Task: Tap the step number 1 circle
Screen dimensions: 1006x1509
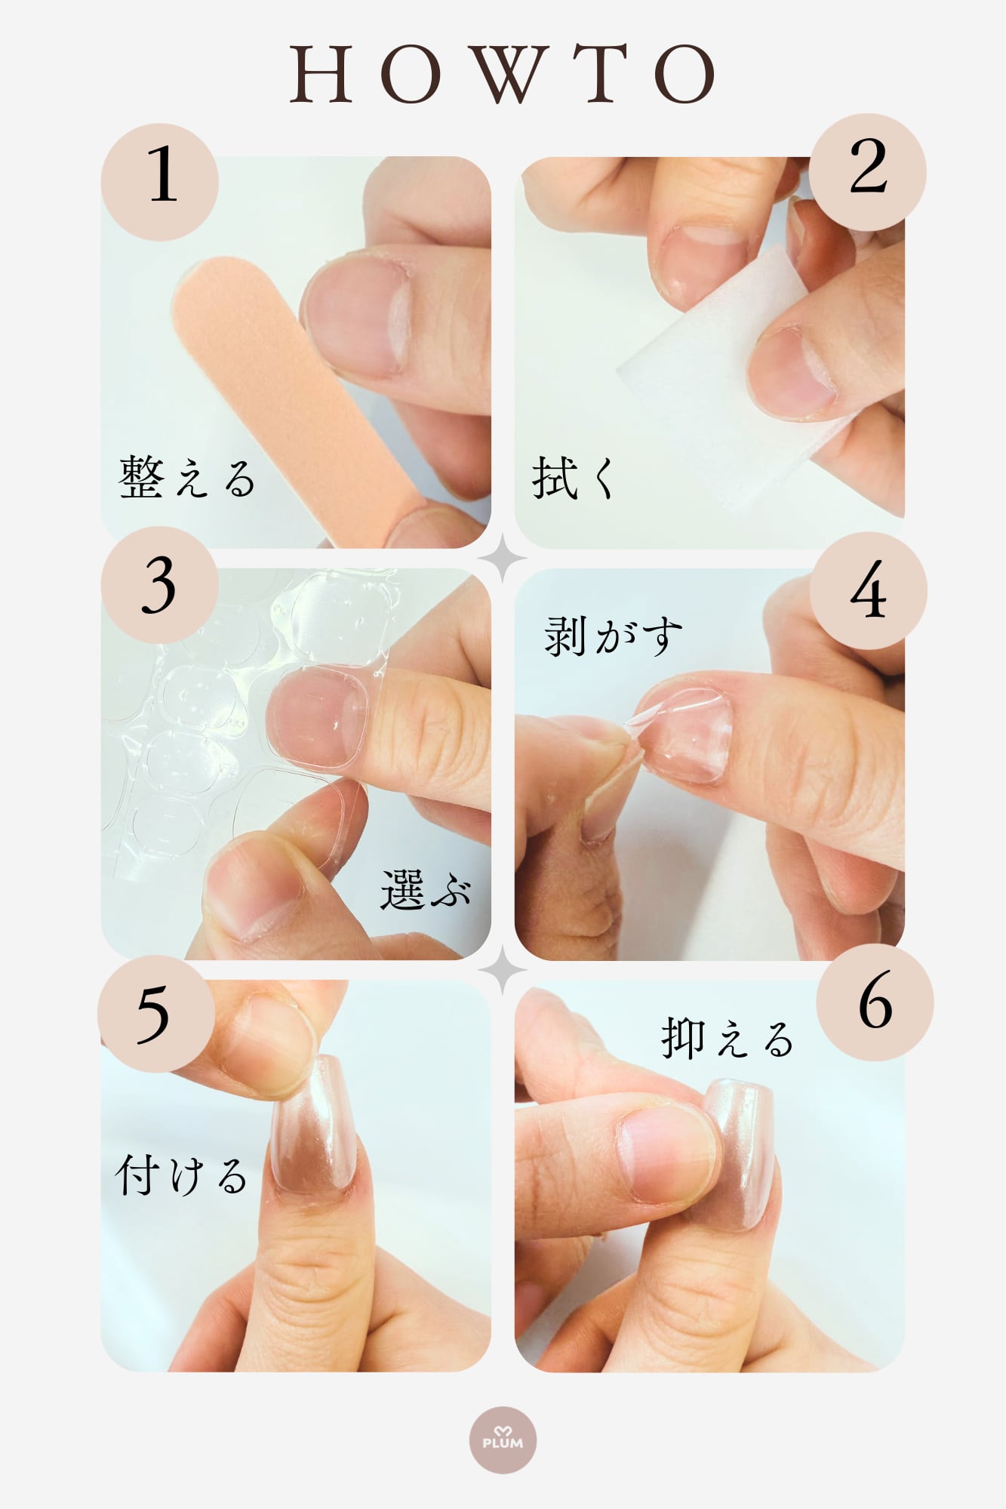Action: [160, 182]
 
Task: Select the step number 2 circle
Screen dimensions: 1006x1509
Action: [868, 172]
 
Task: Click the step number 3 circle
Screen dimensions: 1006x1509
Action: [160, 586]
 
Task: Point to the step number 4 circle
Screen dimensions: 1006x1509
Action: [868, 591]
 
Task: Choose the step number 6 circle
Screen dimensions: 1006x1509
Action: [875, 1002]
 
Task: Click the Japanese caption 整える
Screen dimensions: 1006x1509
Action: [187, 477]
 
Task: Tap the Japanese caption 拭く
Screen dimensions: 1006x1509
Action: [574, 477]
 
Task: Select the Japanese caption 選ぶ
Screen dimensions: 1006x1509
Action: [426, 889]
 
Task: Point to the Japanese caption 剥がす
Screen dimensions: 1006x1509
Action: [613, 636]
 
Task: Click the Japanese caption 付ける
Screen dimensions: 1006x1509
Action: [181, 1175]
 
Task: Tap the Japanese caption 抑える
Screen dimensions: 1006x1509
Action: [728, 1038]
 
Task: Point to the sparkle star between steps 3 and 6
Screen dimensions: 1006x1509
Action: [503, 970]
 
